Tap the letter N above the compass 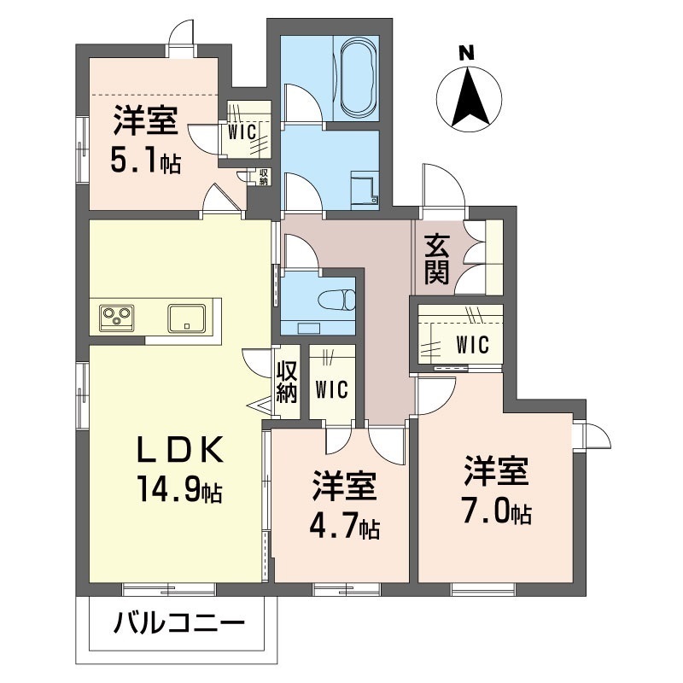point(466,53)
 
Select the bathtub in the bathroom point(357,79)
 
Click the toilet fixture point(338,299)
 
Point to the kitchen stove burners point(117,318)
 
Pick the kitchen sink point(186,318)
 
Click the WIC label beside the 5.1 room point(242,132)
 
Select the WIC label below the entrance point(470,345)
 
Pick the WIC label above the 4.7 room point(331,390)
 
